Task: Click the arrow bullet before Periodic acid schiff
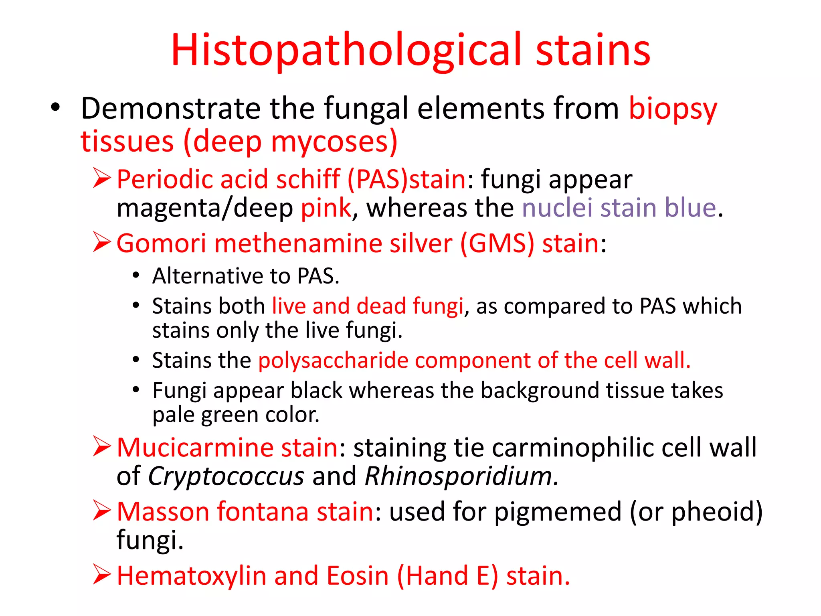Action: pos(102,178)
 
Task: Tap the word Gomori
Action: pos(161,243)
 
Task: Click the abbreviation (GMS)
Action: pos(497,243)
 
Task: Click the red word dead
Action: pos(381,306)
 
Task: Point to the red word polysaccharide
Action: pos(333,361)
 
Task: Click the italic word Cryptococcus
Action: pos(226,476)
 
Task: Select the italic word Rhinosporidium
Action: pos(461,476)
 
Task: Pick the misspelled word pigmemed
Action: pos(558,513)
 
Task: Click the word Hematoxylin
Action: pos(192,576)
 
